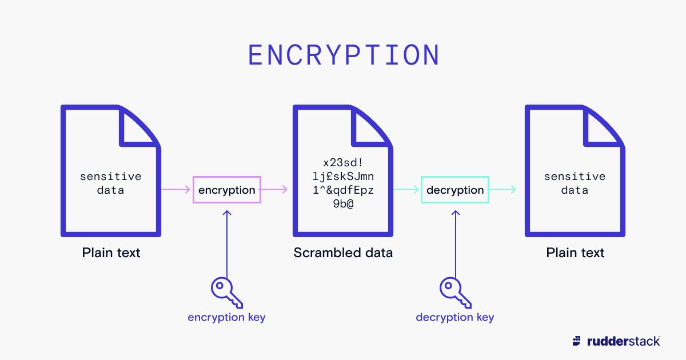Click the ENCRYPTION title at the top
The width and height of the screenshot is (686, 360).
point(344,55)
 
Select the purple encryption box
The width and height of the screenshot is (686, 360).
point(227,190)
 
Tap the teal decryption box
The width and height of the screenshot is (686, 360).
point(455,190)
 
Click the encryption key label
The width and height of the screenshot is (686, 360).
point(226,317)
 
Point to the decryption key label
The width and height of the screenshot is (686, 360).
point(455,317)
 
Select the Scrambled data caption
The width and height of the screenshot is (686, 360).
point(343,253)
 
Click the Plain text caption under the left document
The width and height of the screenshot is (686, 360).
point(111,253)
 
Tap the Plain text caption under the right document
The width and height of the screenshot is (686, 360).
point(575,253)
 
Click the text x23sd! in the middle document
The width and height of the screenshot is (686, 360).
point(343,162)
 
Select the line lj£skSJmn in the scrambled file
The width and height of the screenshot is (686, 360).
point(343,176)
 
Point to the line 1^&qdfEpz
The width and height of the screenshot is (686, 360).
point(343,190)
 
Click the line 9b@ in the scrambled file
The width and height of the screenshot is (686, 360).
point(343,203)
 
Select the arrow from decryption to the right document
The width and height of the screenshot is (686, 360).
point(503,190)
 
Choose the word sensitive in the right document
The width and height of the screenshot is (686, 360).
point(575,177)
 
